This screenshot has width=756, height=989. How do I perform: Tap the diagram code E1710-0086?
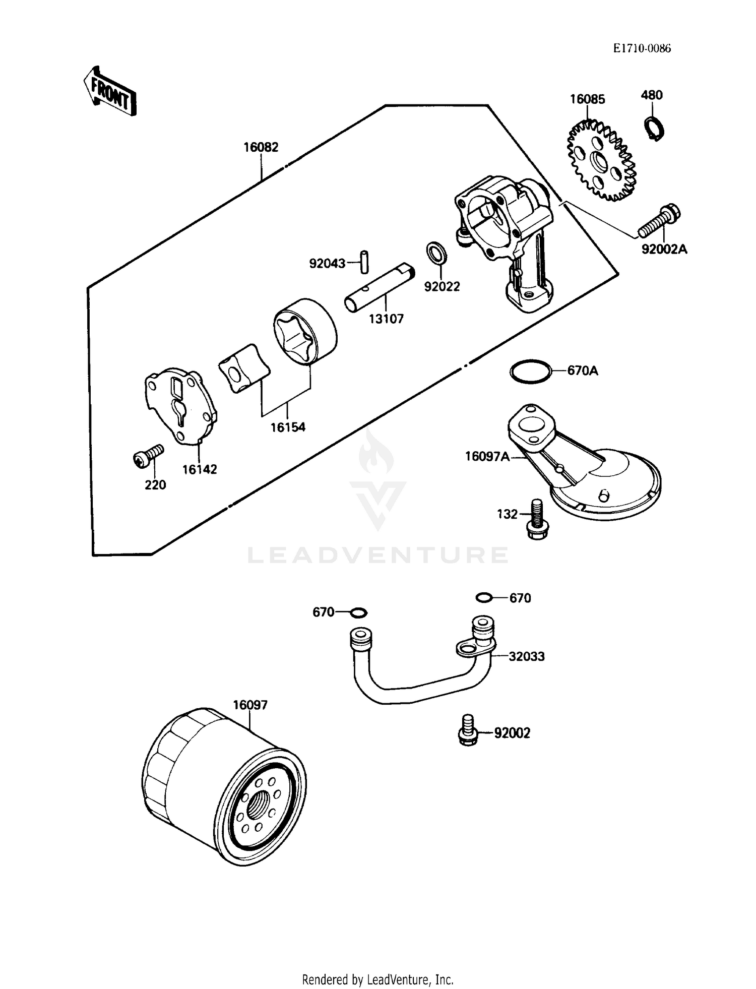[x=642, y=48]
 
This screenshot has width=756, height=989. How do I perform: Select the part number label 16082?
[x=261, y=147]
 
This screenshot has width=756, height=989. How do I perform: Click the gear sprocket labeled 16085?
[x=601, y=160]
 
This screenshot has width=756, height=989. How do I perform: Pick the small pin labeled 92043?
[x=364, y=262]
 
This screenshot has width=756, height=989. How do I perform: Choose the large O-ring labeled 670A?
[x=530, y=372]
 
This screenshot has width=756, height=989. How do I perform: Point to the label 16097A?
[x=487, y=457]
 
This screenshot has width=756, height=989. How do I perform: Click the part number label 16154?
[x=288, y=427]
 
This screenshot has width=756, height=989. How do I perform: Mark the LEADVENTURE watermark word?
[x=377, y=555]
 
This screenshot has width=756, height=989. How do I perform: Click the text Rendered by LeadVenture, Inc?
[x=377, y=979]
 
